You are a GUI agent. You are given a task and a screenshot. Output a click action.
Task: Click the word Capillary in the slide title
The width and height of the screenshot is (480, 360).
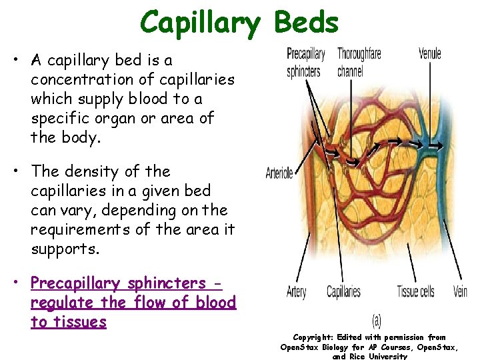[199, 23]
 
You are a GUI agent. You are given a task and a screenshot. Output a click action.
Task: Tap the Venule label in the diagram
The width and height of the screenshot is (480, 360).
[430, 53]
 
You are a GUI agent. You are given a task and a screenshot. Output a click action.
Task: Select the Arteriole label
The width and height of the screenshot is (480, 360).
[279, 173]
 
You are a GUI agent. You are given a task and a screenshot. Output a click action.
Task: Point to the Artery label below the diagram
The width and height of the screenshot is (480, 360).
[297, 291]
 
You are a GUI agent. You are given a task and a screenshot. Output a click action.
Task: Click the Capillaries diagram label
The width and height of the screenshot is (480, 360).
[343, 291]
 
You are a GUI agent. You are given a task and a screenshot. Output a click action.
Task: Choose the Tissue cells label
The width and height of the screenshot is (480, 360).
[415, 291]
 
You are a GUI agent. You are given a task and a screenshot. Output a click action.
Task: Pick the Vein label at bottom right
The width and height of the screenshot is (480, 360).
[460, 291]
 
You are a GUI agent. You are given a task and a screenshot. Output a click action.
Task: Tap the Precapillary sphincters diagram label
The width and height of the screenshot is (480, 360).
[305, 62]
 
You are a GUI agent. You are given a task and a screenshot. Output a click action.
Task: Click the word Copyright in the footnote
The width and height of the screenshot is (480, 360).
[313, 337]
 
